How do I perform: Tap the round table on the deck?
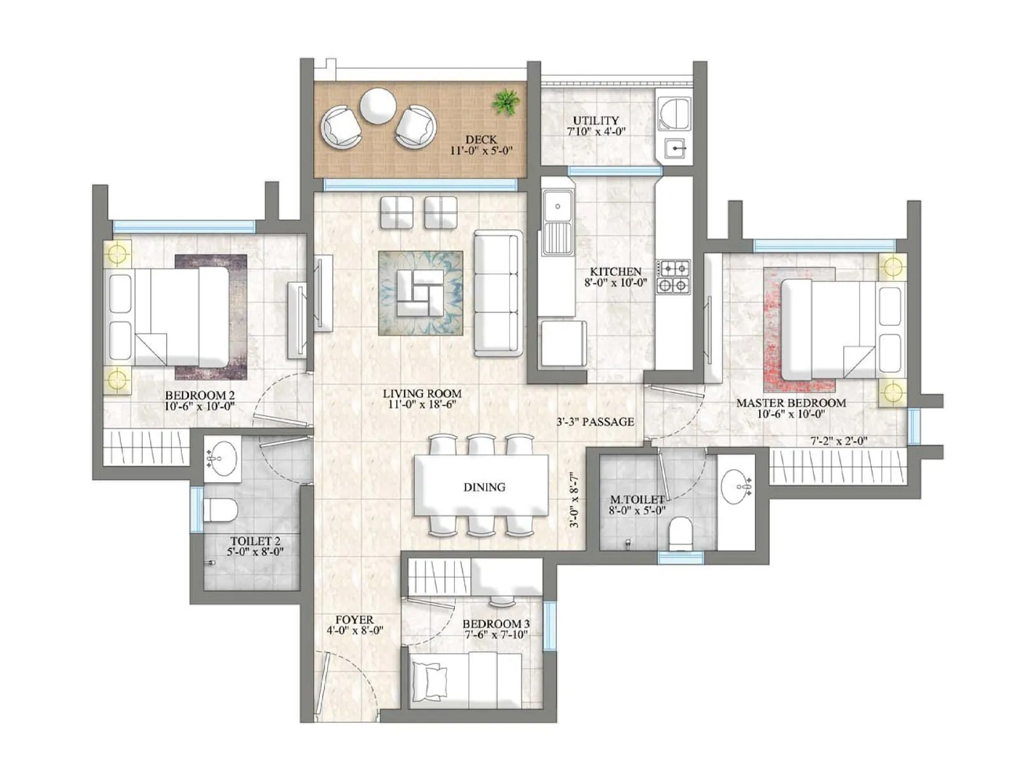(377, 106)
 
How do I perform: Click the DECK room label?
(481, 139)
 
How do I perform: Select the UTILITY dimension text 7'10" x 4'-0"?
(596, 132)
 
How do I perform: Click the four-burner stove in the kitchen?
(673, 276)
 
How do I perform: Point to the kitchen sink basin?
(558, 206)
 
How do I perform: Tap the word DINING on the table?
(484, 487)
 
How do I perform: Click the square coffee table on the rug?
(420, 292)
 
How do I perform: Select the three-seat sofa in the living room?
(498, 293)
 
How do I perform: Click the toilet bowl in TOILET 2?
(220, 510)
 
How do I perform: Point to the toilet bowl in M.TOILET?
(681, 534)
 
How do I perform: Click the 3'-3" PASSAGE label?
(595, 421)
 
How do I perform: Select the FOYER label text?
(354, 619)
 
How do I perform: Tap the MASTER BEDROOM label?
(791, 403)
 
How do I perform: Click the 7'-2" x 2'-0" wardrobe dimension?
(839, 441)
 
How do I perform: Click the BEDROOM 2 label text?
(200, 395)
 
